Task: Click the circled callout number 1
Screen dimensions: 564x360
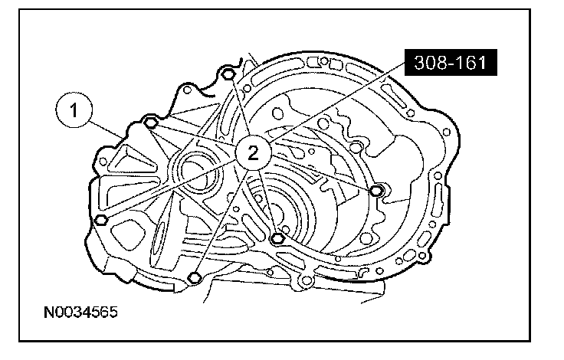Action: pos(74,110)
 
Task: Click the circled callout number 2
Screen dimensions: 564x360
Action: pos(253,153)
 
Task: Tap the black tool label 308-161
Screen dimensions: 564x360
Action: pos(451,63)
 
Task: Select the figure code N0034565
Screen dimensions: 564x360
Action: pos(80,313)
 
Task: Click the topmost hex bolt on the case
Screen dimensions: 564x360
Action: pos(228,75)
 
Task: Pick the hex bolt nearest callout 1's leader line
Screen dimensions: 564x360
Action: pos(151,123)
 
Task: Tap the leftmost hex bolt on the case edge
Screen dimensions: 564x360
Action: pos(101,219)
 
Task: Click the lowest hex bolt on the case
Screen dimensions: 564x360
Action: pos(194,277)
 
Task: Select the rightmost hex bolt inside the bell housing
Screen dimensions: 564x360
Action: pos(376,191)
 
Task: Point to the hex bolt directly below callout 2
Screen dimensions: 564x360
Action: pos(277,238)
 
